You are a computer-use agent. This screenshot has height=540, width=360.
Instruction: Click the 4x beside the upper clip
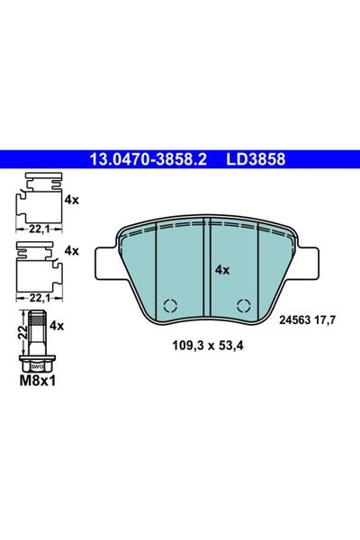coord(72,199)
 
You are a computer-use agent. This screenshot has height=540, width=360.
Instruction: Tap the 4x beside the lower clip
coord(72,251)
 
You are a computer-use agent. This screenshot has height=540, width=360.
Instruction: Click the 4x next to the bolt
coord(58,325)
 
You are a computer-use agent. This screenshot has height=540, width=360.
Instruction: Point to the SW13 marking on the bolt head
coord(36,365)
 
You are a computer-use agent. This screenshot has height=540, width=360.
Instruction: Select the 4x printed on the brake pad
coord(222,269)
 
